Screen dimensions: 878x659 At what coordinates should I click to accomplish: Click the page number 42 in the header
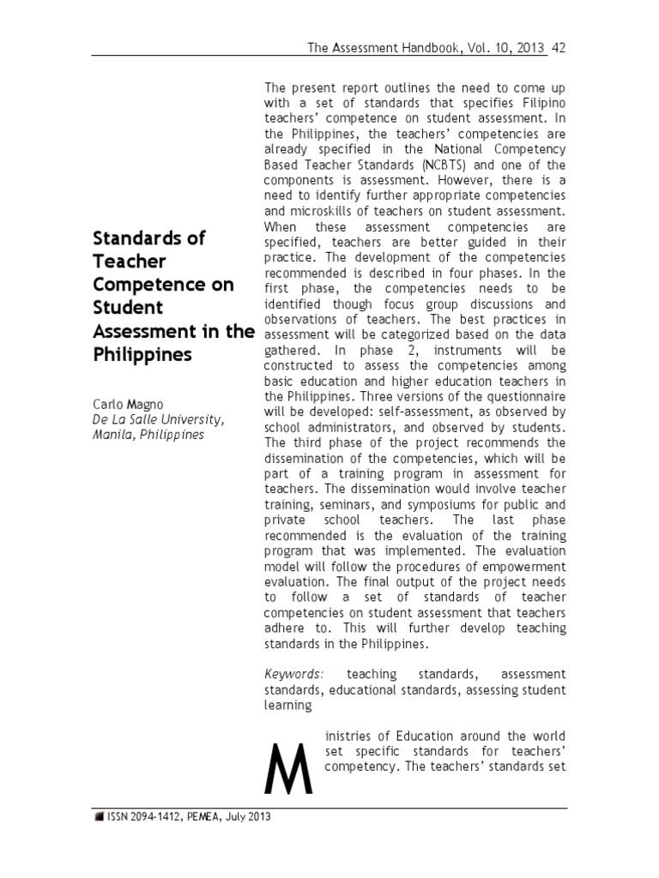[x=559, y=48]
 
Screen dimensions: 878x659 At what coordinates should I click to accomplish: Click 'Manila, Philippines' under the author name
[x=148, y=435]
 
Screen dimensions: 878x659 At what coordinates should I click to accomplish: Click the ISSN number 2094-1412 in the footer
[x=160, y=817]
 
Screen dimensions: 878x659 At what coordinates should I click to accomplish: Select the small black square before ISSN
[x=98, y=818]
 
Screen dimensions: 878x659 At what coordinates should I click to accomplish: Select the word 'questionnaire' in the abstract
[x=522, y=396]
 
